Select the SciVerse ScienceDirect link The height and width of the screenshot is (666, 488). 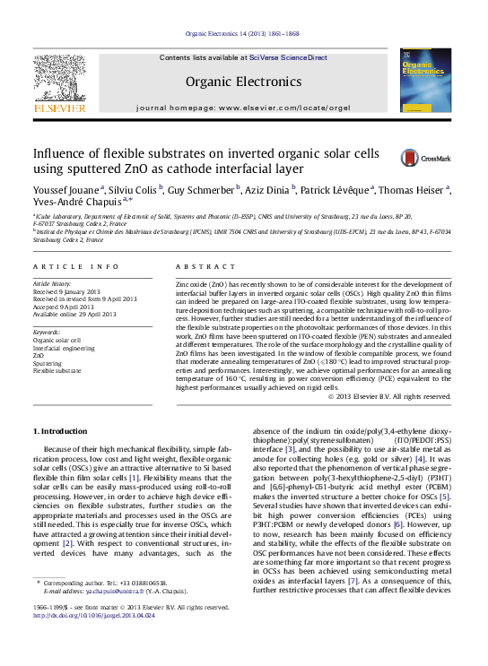(x=288, y=57)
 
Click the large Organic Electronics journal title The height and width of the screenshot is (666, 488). (x=243, y=82)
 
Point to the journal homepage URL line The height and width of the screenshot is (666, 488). (x=243, y=108)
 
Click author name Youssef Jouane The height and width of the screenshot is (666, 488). (x=66, y=190)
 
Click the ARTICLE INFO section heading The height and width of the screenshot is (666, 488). (x=75, y=267)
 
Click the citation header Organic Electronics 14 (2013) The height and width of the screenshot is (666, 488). (x=243, y=34)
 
